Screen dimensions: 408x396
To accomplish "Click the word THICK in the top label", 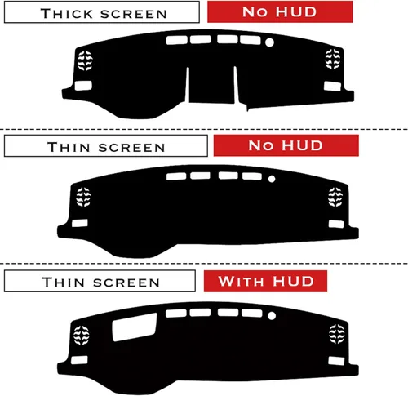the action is pos(67,14).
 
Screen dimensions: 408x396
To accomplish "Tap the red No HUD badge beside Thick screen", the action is pos(280,11).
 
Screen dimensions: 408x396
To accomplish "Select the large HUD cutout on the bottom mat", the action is pos(135,327).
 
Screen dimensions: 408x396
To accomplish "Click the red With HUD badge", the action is pos(265,281).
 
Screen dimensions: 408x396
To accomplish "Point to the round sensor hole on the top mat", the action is pos(269,42).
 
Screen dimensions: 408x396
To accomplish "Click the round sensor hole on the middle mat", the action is pos(272,179).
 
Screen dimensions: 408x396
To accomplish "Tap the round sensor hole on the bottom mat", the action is pos(272,316).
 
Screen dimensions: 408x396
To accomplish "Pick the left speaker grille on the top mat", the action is pos(85,60).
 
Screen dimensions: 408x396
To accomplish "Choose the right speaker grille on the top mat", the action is pos(333,59).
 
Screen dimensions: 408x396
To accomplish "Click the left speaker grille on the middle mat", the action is pos(83,197).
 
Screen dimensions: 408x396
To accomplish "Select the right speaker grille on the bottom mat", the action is pos(337,334).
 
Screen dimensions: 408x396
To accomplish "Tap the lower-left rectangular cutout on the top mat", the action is pos(83,86).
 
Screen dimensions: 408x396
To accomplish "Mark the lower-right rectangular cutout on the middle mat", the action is pos(336,224).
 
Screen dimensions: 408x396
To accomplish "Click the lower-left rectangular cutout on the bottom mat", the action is pos(79,360).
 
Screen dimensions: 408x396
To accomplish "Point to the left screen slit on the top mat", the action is pos(187,85).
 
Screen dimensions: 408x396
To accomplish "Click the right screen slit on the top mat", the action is pos(237,85).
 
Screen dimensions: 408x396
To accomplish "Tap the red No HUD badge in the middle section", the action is pos(286,145).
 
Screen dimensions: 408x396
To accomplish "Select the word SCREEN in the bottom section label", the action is pos(126,283).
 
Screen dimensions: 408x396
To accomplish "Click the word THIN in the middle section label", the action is pos(69,147).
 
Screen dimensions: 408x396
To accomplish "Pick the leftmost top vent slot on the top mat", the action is pos(177,40).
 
